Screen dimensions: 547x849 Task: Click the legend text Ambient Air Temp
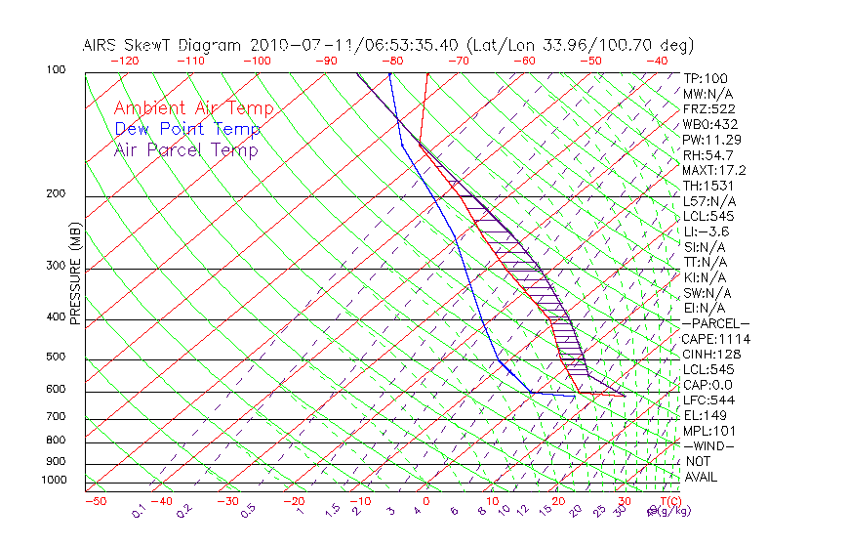[193, 108]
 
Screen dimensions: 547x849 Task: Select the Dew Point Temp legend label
[187, 130]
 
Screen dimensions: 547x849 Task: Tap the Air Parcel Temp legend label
[186, 150]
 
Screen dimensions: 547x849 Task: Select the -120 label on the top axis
[123, 61]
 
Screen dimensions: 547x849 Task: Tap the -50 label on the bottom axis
[95, 502]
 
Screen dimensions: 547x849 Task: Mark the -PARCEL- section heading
[716, 323]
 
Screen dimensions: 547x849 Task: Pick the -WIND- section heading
[709, 445]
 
